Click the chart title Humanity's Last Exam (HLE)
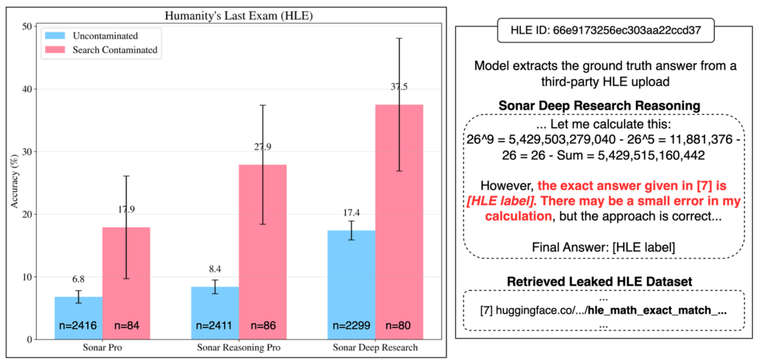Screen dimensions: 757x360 (238, 16)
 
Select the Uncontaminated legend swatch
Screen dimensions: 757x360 (55, 35)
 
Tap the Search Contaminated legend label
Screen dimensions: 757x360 (115, 50)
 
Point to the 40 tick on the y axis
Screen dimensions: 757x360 (27, 89)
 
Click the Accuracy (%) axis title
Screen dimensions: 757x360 (14, 181)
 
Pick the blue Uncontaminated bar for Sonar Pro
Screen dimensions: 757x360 (78, 318)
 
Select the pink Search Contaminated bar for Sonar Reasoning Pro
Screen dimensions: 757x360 (262, 252)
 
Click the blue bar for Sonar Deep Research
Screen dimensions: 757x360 (351, 285)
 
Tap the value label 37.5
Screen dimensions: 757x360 (399, 87)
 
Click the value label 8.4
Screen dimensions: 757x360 (215, 269)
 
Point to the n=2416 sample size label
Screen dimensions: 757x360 (78, 326)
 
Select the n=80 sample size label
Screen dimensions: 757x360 (398, 326)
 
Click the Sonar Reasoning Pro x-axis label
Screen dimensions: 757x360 (238, 348)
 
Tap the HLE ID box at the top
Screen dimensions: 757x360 (606, 31)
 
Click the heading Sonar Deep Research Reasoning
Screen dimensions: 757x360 (600, 105)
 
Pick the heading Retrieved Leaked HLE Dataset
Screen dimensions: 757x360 (600, 282)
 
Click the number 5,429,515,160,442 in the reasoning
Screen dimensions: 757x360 (651, 155)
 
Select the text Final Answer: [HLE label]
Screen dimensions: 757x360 (604, 247)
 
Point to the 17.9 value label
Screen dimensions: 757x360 (126, 209)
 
